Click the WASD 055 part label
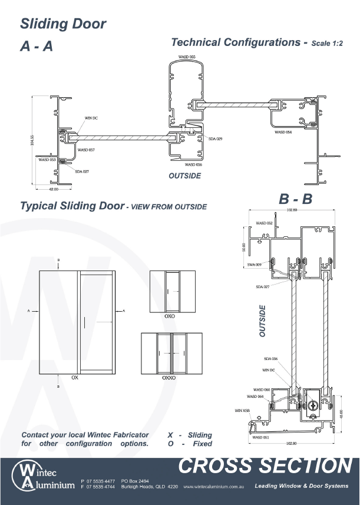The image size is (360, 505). pos(187,57)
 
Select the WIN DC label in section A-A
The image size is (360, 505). pos(91,118)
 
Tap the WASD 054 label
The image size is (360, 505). pos(283,133)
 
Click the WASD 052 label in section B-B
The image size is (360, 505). pos(265,223)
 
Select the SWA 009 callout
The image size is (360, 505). pos(255,265)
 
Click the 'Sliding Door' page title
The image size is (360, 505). pos(63,24)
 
